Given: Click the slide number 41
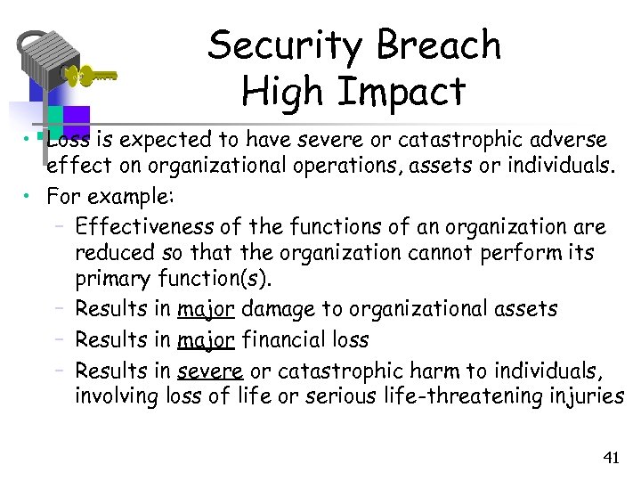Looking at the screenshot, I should point(611,458).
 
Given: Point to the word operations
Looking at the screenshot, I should point(323,166).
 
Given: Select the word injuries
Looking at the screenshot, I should point(592,395).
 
